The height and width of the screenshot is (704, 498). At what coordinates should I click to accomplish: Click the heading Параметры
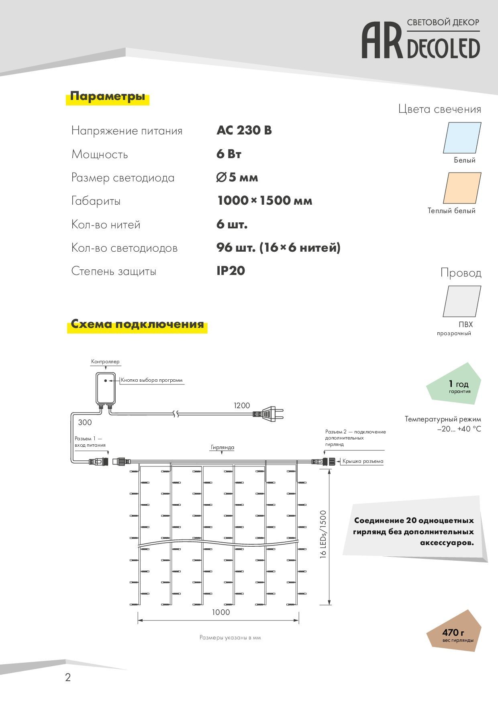[x=107, y=96]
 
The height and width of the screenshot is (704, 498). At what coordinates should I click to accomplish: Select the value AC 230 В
[x=244, y=130]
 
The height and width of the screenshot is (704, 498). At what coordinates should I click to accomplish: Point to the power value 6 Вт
[x=229, y=154]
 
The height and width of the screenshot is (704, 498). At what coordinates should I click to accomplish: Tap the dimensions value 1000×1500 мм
[x=264, y=201]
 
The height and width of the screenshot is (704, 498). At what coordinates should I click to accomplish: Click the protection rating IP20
[x=231, y=271]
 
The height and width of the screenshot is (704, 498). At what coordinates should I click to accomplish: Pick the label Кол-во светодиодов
[x=124, y=248]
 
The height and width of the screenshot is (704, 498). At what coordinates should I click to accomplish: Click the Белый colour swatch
[x=462, y=138]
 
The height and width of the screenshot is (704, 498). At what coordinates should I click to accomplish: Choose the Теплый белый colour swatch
[x=462, y=188]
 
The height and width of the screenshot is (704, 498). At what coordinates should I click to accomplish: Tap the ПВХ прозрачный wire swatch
[x=462, y=301]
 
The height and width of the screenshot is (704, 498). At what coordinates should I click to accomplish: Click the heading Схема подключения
[x=137, y=324]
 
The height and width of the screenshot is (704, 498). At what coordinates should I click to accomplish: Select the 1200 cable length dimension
[x=242, y=405]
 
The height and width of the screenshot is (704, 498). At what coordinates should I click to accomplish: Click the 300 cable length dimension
[x=85, y=422]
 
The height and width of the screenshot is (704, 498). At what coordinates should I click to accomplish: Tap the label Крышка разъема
[x=362, y=461]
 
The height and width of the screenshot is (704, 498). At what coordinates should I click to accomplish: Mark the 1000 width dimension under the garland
[x=221, y=612]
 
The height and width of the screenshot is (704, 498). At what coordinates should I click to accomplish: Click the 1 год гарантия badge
[x=456, y=385]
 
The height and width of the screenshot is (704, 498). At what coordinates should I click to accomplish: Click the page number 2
[x=68, y=678]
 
